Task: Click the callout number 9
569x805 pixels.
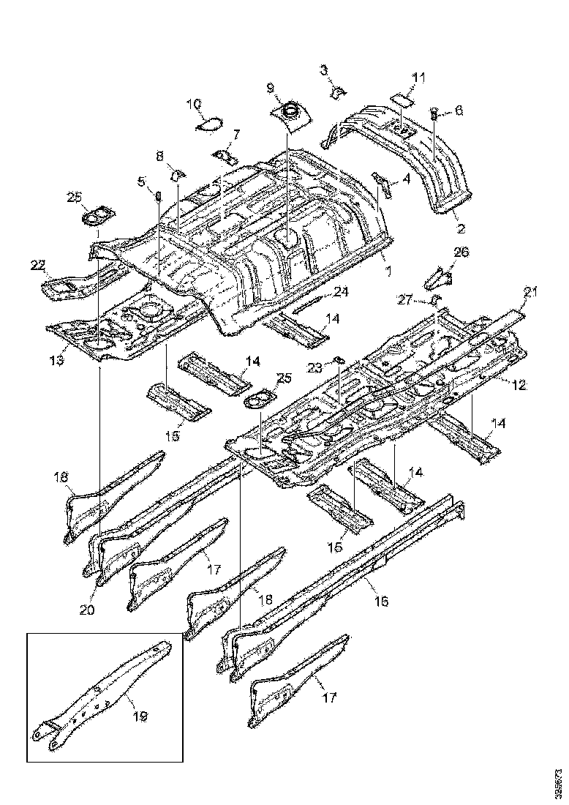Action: click(x=271, y=88)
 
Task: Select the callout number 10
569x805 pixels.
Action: click(x=192, y=104)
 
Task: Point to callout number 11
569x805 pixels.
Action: click(x=418, y=78)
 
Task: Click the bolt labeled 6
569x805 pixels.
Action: click(x=433, y=113)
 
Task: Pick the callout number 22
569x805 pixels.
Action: click(x=37, y=264)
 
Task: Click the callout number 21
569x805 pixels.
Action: click(x=530, y=293)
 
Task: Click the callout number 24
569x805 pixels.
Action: click(x=340, y=291)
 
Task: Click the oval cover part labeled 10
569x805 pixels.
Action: click(x=210, y=125)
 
